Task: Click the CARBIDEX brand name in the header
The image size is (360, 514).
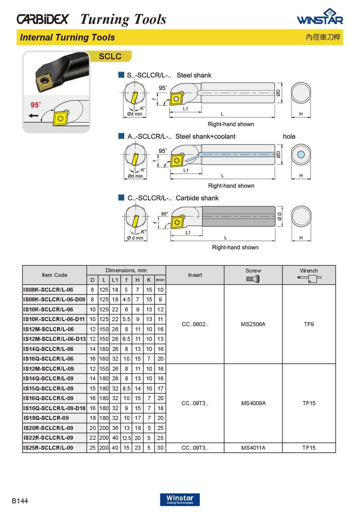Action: coord(43,19)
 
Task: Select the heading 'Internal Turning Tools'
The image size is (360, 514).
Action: coord(67,37)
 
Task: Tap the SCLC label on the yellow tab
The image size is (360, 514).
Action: coord(110,56)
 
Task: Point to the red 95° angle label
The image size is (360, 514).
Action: coord(35,105)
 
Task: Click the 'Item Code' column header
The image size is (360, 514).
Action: coord(54,275)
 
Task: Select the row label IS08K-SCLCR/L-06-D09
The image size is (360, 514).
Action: coord(54,299)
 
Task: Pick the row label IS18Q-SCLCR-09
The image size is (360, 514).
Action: coord(48,418)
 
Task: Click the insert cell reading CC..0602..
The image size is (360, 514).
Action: coord(195,324)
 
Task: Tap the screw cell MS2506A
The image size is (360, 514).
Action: coord(253,324)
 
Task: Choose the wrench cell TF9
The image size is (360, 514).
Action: coord(309,324)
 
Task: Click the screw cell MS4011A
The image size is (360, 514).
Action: coord(253,448)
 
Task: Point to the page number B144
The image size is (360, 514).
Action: coord(20,501)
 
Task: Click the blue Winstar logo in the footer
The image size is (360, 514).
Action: coord(180,500)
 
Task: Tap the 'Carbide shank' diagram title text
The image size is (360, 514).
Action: coord(197,198)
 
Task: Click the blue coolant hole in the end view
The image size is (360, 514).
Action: coord(301,154)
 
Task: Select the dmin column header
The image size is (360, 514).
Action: coord(160,280)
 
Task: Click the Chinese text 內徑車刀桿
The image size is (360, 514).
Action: coord(324,38)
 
